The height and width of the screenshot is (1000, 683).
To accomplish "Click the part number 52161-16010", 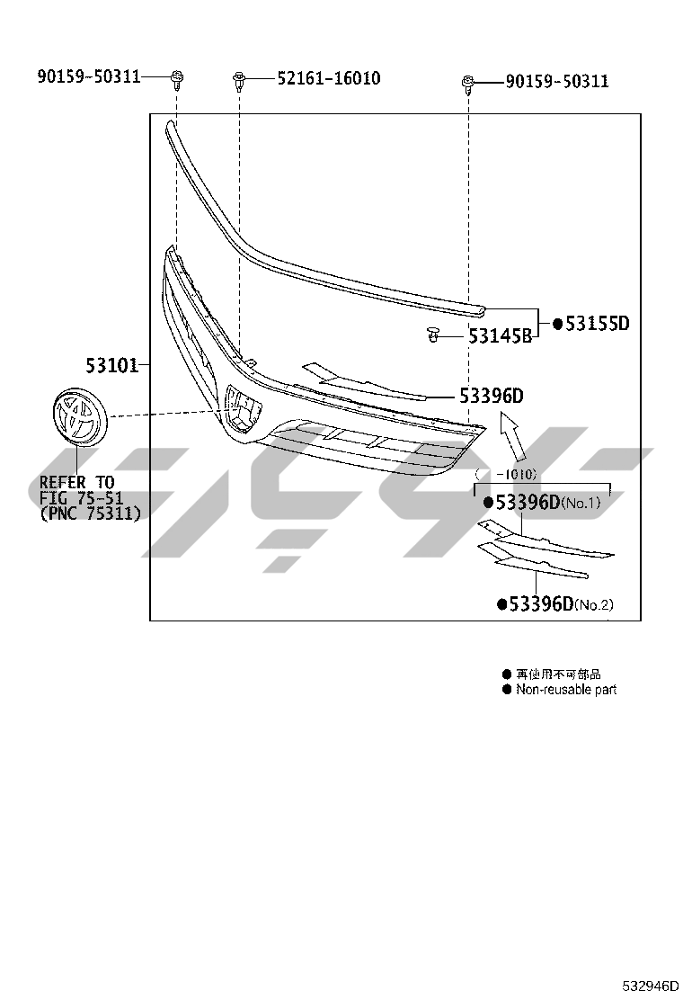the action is point(329,78).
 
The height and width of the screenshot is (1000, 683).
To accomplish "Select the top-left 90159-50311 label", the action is point(89,76).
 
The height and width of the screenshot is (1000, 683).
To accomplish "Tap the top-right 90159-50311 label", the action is point(557,82).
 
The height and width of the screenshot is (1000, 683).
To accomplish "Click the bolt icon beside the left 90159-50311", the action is point(177,79).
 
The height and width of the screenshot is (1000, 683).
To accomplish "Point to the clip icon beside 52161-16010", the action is point(239,81).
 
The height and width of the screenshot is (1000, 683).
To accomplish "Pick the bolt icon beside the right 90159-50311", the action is point(467,84).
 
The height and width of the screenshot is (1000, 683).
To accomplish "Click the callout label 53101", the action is point(112,365).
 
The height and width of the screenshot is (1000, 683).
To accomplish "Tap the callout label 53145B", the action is point(501,335).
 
